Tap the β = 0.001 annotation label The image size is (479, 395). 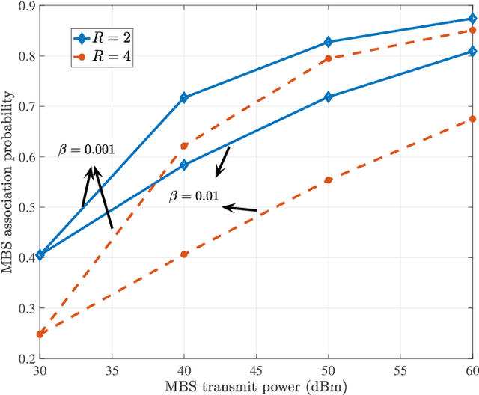[86, 150]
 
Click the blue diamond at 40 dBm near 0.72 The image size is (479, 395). [185, 98]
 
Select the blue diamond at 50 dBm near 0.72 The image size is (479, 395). [329, 97]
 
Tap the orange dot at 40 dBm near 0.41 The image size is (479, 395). [185, 254]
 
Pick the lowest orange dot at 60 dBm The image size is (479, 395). [472, 119]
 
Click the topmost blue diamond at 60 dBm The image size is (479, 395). [472, 19]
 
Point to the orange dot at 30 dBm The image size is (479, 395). [40, 334]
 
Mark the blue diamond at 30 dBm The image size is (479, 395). [40, 255]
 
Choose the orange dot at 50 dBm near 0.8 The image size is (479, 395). [329, 58]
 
